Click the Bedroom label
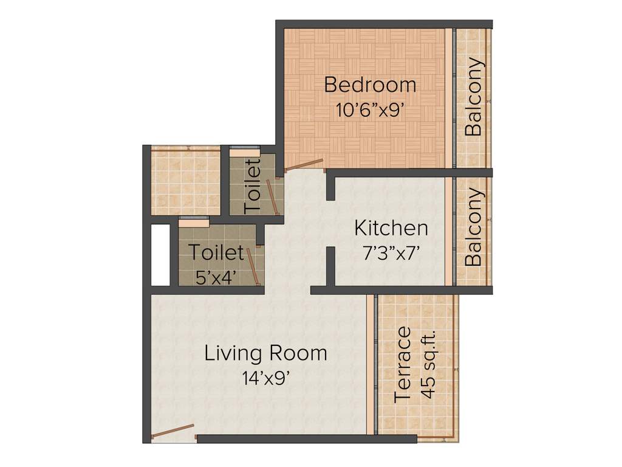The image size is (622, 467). click(x=370, y=85)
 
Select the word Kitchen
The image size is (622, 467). click(x=391, y=229)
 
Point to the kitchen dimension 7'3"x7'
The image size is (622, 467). click(x=391, y=254)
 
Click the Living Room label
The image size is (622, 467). click(x=265, y=353)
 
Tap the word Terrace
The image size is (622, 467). click(x=403, y=365)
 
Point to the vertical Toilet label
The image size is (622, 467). click(x=253, y=185)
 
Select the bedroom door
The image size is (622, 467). click(x=304, y=165)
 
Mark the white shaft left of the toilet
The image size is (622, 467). click(x=160, y=255)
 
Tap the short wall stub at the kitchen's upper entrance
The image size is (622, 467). click(x=330, y=187)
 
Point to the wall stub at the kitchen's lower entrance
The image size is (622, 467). click(x=330, y=266)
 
